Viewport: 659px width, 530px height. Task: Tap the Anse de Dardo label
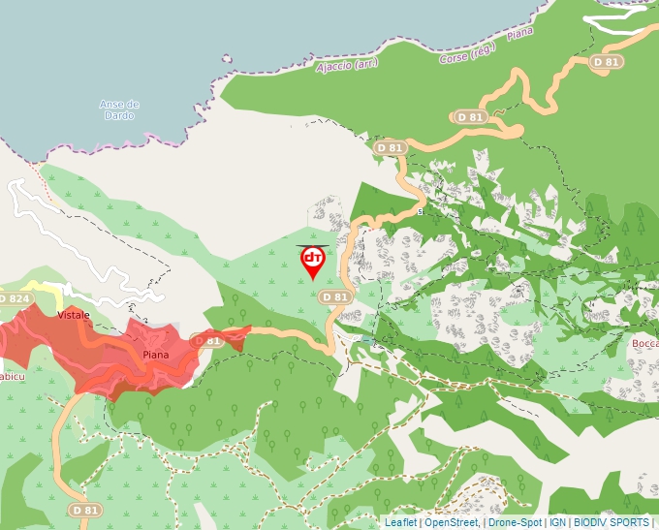119,109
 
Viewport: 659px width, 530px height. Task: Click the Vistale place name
74,316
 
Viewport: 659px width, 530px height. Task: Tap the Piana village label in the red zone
155,355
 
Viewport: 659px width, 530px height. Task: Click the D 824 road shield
15,298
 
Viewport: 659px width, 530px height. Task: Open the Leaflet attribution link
400,522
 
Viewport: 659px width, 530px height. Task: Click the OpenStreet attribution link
451,522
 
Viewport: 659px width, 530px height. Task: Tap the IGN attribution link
557,522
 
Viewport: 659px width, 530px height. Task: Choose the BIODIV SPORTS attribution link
611,522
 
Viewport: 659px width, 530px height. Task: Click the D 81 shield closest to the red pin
334,296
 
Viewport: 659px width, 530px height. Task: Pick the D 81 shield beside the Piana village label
206,341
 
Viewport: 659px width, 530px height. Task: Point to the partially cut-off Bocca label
644,344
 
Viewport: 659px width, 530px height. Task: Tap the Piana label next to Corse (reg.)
520,34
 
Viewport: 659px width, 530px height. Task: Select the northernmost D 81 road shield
606,62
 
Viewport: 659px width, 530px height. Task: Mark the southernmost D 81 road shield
84,509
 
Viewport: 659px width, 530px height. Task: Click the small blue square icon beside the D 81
372,342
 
